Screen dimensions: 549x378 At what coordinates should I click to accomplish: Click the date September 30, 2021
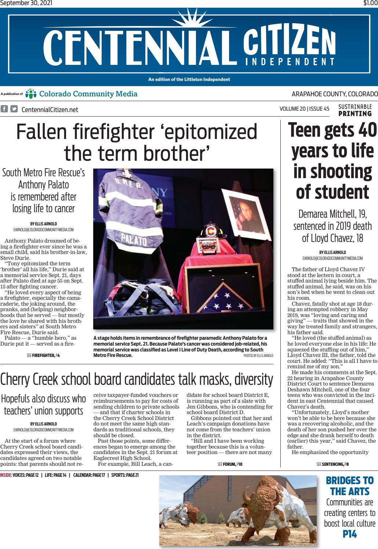point(26,3)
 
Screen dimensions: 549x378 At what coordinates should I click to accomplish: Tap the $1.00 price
point(370,3)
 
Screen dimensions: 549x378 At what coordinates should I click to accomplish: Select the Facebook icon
point(4,109)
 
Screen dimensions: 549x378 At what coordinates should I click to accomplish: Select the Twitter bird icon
point(14,109)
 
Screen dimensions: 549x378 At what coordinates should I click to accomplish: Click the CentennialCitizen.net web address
point(50,109)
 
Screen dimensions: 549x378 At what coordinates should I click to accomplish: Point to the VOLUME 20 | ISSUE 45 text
point(304,109)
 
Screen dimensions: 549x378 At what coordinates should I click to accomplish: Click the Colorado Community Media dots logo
point(31,94)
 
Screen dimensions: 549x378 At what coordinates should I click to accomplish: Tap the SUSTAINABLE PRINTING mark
point(355,110)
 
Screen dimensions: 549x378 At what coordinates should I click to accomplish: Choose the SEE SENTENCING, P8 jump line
point(332,464)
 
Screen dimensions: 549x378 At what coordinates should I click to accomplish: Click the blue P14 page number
point(349,534)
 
